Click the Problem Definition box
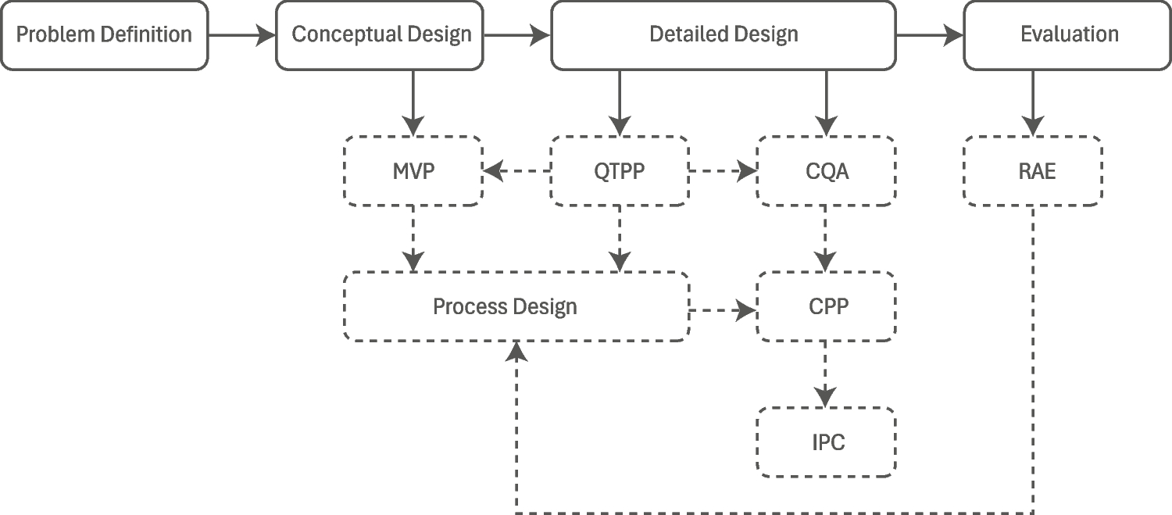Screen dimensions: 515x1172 (x=104, y=35)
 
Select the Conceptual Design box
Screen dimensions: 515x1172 (x=381, y=35)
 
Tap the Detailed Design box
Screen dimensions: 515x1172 (x=724, y=35)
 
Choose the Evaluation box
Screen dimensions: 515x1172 (x=1068, y=35)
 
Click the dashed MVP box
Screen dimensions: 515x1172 (x=413, y=171)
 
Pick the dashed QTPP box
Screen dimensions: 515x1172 (x=620, y=171)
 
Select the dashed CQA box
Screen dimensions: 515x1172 (x=827, y=171)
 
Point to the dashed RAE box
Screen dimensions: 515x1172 (x=1033, y=171)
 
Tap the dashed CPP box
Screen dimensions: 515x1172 (x=827, y=306)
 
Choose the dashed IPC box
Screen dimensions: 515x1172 (x=827, y=442)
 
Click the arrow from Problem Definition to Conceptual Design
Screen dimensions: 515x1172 (x=242, y=35)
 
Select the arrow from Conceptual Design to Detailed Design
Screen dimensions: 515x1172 (x=517, y=35)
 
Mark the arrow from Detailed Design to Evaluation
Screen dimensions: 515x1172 (x=930, y=35)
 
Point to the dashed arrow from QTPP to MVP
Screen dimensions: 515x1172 (x=516, y=170)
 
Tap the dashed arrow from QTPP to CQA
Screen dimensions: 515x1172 (x=723, y=170)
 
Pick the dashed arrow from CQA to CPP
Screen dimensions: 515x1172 (x=827, y=238)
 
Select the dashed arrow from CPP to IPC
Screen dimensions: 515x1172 (x=827, y=374)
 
